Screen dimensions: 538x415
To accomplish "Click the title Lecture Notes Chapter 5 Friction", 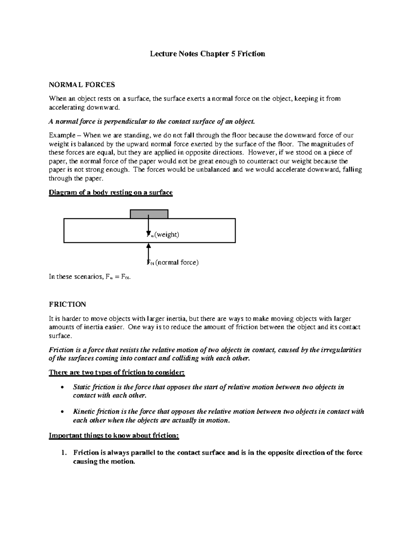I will (x=207, y=54).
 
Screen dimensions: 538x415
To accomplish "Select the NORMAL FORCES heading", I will (x=82, y=85).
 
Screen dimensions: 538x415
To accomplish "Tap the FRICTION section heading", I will (x=67, y=304).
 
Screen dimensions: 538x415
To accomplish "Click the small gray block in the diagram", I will (x=149, y=214).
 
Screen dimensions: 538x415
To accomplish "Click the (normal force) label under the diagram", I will (x=177, y=262).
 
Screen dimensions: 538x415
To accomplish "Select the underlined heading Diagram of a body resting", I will (x=111, y=192).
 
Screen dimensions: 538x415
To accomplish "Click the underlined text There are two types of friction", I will (x=117, y=372).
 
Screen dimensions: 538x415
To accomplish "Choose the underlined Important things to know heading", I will (x=114, y=435).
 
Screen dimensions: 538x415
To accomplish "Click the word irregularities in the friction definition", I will (x=341, y=350).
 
